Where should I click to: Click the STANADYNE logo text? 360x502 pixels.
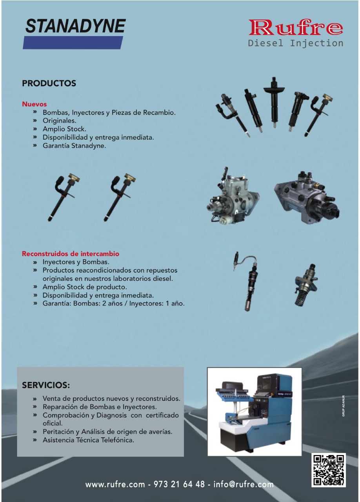point(76,26)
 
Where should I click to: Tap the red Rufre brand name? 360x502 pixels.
point(296,27)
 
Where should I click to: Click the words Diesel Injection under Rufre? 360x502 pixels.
point(296,43)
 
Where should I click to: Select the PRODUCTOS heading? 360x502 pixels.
point(49,84)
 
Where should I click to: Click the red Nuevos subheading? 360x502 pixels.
point(34,104)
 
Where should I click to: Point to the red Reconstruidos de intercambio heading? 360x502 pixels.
point(70,254)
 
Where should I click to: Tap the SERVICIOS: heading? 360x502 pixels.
point(46,385)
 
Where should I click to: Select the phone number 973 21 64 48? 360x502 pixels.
point(179,484)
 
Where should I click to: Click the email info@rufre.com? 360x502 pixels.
point(244,484)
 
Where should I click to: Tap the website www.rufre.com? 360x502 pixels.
point(115,484)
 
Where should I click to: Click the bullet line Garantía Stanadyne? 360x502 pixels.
point(74,146)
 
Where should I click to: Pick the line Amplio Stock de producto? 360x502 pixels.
point(85,287)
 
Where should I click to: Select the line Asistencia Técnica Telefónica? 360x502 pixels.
point(88,440)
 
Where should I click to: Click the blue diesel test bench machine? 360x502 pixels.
point(255,412)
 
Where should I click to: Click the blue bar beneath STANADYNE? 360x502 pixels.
point(73,43)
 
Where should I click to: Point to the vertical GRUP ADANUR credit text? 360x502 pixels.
point(343,406)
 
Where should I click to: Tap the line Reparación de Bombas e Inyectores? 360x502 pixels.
point(100,407)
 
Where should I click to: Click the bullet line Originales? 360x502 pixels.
point(59,120)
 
